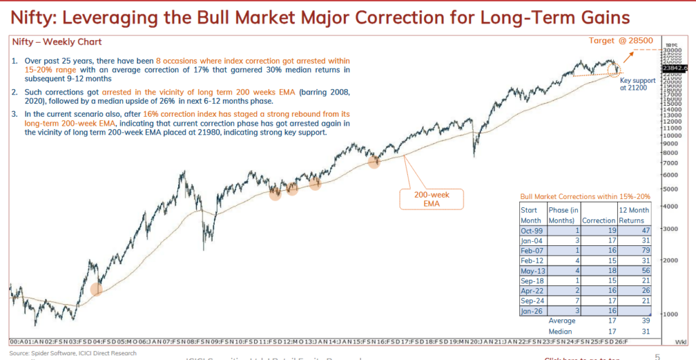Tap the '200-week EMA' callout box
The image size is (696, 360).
431,199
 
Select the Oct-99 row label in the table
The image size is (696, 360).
532,232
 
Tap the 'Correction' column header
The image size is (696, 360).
599,221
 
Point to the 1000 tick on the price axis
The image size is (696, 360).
669,314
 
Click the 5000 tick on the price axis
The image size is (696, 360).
669,189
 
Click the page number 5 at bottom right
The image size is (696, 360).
657,356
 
